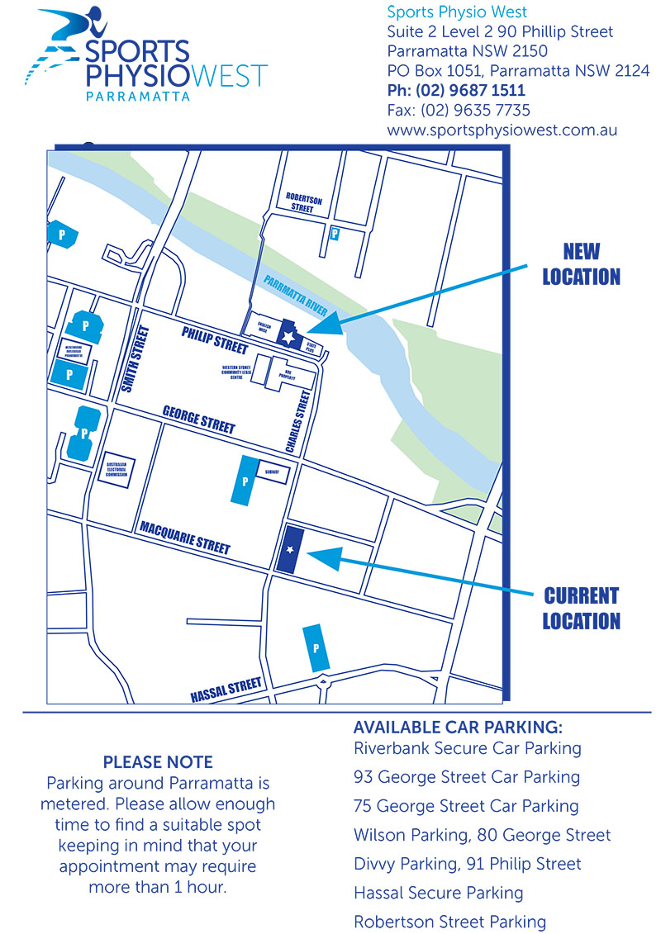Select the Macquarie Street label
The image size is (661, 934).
click(x=184, y=537)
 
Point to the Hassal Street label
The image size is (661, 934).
click(x=226, y=688)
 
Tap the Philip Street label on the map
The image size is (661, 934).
click(x=214, y=339)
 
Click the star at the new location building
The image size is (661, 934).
click(x=288, y=337)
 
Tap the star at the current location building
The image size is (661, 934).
click(x=290, y=548)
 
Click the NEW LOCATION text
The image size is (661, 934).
click(x=581, y=264)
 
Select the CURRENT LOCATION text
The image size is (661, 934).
click(x=581, y=608)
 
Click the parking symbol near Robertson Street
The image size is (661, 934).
click(x=335, y=235)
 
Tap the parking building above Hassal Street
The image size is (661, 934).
click(x=316, y=647)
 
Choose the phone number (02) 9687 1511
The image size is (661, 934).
click(x=456, y=91)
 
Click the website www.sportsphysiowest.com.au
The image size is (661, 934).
click(x=502, y=130)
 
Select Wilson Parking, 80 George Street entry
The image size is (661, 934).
click(x=482, y=835)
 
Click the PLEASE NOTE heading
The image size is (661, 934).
click(x=157, y=762)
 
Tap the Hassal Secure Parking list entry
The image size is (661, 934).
click(x=438, y=893)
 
